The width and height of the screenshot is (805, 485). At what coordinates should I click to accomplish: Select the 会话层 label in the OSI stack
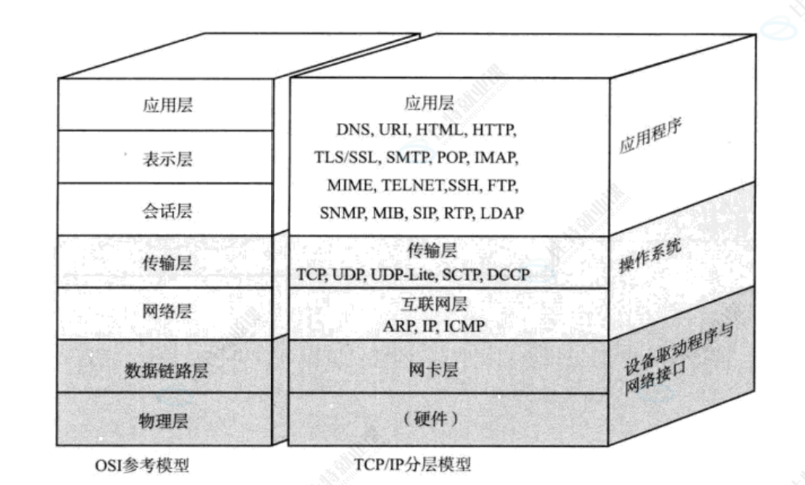click(x=166, y=210)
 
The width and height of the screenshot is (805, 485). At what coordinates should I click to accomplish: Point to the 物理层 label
click(x=166, y=422)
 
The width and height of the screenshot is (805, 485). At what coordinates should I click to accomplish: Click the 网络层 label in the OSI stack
click(x=166, y=311)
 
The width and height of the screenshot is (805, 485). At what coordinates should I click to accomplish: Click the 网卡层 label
click(x=433, y=369)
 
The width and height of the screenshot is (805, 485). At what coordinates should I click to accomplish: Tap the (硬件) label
click(x=432, y=420)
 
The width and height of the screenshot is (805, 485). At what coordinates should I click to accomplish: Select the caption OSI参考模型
click(x=142, y=465)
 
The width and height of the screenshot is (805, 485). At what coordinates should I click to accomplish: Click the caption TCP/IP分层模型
click(x=413, y=465)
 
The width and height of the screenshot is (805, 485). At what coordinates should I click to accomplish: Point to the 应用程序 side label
click(x=651, y=138)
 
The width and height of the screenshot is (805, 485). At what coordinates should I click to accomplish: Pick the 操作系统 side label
click(x=650, y=259)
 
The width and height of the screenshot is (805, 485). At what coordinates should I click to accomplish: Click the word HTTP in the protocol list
click(x=495, y=131)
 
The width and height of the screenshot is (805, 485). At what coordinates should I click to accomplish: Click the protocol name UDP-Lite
click(x=402, y=274)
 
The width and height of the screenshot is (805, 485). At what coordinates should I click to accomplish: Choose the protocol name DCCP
click(x=506, y=274)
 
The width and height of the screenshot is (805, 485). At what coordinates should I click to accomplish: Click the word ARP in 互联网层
click(x=397, y=326)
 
